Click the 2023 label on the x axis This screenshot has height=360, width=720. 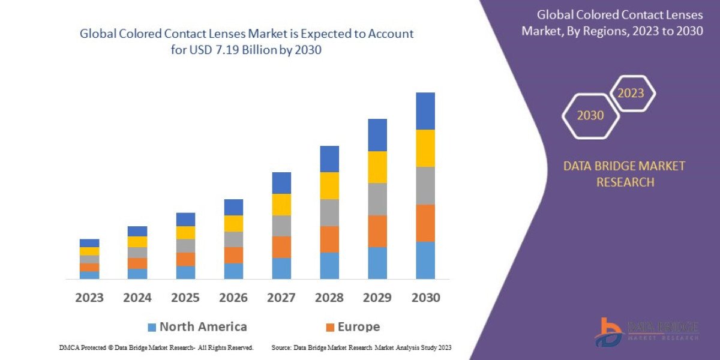coord(89,298)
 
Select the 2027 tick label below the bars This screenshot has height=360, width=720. coord(281,298)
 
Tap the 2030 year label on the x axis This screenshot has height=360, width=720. coord(425,298)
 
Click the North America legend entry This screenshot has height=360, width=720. coord(197,327)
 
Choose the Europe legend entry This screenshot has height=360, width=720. coord(352,327)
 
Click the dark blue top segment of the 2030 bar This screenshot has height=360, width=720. coord(425,111)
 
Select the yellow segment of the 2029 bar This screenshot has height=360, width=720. coord(377,167)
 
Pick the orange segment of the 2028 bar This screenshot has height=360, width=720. coord(329,239)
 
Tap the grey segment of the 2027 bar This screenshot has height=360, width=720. coord(281,226)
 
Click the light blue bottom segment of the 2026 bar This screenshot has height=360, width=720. coord(233,271)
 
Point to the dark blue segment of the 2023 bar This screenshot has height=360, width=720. coord(89,243)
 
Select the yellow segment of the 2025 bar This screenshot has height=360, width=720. coord(185,233)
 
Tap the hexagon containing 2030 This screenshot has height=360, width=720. coord(590,116)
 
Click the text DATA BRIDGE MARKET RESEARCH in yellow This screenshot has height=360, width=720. coord(624,173)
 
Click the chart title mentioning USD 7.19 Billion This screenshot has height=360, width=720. coord(247,42)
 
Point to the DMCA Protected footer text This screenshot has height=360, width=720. coord(156,347)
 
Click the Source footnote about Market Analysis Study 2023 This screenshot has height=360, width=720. coord(361,347)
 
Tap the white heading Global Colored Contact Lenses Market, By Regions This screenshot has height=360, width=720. coord(612,23)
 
